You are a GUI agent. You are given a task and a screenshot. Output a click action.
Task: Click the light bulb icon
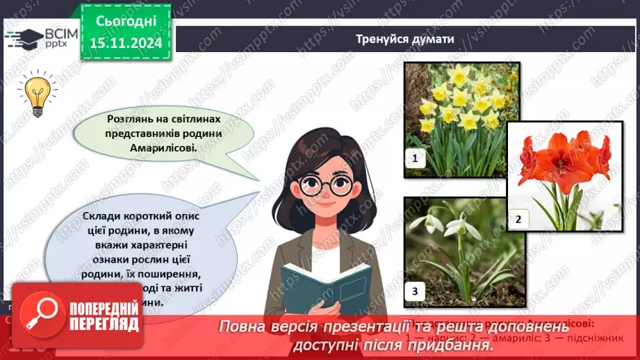click(x=36, y=95)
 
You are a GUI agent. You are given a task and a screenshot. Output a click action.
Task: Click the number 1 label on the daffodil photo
click(x=415, y=158)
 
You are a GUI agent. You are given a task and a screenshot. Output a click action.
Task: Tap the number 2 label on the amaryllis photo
click(x=517, y=220)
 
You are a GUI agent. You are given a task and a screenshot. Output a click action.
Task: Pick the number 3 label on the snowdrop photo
click(x=415, y=292)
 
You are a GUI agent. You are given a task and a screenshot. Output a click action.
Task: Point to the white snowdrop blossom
click(x=454, y=226)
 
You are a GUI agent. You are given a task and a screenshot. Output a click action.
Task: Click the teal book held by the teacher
click(x=316, y=288)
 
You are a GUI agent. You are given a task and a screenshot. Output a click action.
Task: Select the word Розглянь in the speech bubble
click(x=131, y=119)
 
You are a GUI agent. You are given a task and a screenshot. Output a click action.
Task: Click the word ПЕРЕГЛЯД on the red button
click(x=105, y=325)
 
